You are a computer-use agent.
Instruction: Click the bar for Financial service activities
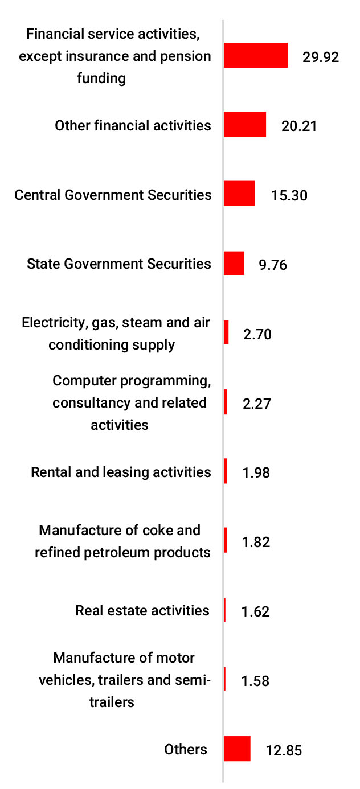point(256,56)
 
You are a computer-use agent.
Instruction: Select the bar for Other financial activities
point(245,125)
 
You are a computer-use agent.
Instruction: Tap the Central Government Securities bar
point(239,194)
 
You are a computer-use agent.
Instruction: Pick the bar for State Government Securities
point(234,264)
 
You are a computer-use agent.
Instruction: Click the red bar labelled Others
point(237,749)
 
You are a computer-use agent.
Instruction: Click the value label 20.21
point(299,126)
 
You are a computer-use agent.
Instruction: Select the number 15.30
point(289,195)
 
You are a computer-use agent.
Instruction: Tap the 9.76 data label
point(273,265)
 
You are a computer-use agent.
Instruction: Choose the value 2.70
point(257,334)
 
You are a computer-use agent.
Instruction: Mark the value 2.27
point(256,404)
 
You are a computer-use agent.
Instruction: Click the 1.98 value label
point(256,473)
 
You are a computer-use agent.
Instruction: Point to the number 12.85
point(284,750)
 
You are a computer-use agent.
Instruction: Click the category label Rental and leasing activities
point(121,472)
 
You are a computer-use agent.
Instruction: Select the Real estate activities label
point(142,611)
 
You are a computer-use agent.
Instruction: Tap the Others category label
point(186,749)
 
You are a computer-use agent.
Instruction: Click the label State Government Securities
point(119,264)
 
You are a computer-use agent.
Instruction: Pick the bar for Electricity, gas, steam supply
point(226,332)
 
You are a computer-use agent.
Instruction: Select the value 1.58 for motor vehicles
point(256,681)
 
